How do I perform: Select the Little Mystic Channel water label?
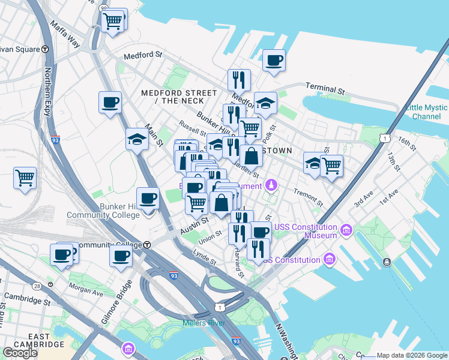coord(426,112)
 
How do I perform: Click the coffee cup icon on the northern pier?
coord(274,61)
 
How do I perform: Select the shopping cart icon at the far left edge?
coord(25,178)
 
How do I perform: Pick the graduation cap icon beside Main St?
coord(137,140)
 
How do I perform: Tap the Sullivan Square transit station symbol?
coord(45,49)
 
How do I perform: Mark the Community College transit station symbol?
coord(146,244)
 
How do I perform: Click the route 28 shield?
coord(37,286)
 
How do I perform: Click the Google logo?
coord(20,353)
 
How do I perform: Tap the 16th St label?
coord(406,143)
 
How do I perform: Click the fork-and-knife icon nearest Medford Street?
coord(239,80)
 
